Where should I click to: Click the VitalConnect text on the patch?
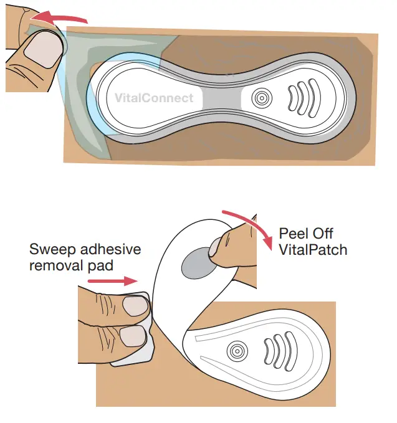[154, 97]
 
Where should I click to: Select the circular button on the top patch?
[261, 98]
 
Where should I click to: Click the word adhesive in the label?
[110, 250]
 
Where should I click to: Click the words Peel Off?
[306, 234]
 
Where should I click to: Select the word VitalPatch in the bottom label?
[313, 250]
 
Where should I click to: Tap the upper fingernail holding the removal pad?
[135, 306]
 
